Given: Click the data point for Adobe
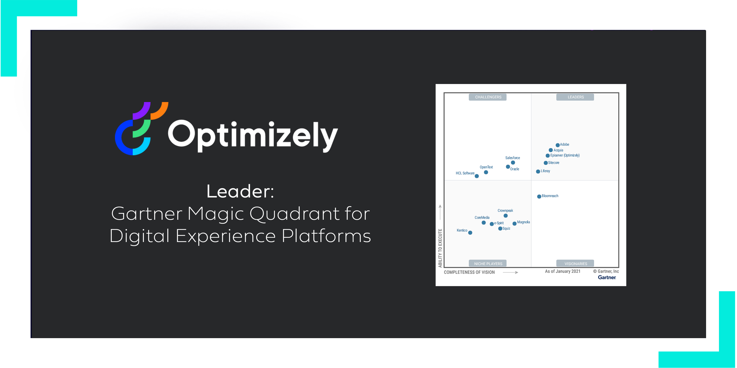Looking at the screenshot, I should click(x=557, y=145).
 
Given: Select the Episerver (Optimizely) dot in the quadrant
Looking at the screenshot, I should click(x=548, y=156).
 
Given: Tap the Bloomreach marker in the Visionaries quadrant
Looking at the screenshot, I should click(x=539, y=196).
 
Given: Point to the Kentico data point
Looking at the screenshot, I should click(x=470, y=233).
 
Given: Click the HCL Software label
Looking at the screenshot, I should click(x=465, y=173).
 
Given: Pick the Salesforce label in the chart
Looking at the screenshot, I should click(x=512, y=158).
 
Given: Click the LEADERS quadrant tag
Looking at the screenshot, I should click(x=575, y=97).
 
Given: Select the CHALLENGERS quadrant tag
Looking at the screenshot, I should click(x=488, y=97).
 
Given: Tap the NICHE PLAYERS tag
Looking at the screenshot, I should click(x=488, y=264).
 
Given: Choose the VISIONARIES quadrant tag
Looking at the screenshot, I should click(x=575, y=264).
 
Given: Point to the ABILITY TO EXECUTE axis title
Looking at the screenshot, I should click(x=440, y=248).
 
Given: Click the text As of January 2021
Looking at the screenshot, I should click(x=563, y=271).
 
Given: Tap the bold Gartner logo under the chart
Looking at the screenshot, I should click(x=606, y=277).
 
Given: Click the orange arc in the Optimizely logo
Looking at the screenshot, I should click(x=160, y=110).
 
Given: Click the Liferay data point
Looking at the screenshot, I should click(x=538, y=171).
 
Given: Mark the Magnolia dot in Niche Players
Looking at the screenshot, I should click(x=514, y=223).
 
